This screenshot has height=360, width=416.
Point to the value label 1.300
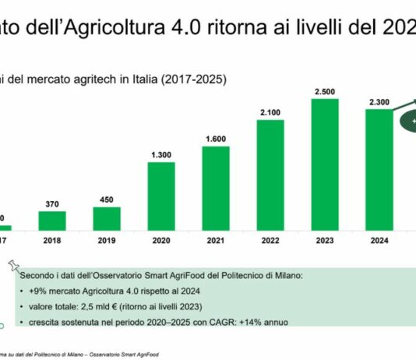[161, 154]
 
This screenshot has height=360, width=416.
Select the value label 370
[52, 204]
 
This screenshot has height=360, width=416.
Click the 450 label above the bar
[107, 199]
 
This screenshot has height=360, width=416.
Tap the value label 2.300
[379, 99]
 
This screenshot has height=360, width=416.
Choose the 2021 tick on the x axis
[216, 242]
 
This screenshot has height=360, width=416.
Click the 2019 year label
[107, 242]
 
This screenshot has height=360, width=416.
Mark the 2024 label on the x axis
[379, 242]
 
